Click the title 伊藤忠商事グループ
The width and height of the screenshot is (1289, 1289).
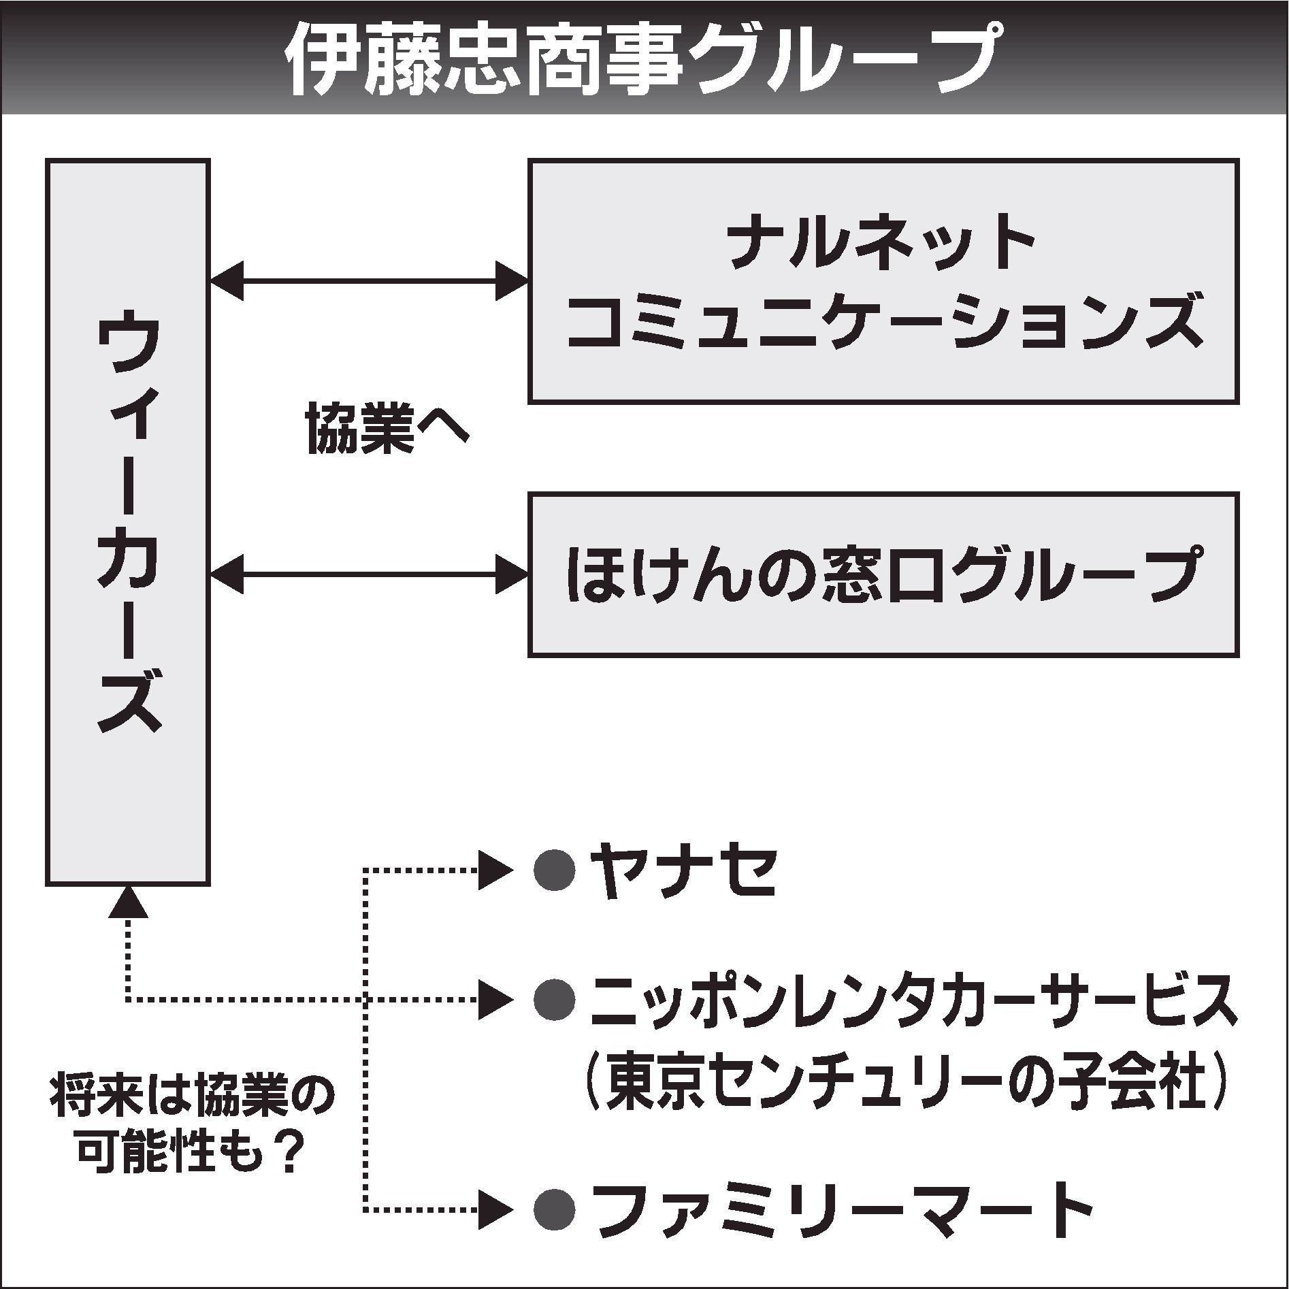pos(643,60)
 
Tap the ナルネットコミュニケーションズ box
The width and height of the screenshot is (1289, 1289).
pos(883,282)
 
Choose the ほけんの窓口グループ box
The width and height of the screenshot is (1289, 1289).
pos(883,575)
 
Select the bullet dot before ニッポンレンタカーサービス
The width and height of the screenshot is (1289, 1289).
pos(555,1000)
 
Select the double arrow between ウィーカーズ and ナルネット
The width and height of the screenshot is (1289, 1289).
pos(368,280)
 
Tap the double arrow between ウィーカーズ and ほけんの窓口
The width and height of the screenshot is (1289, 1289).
pos(368,575)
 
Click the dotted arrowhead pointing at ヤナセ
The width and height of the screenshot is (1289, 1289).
pos(495,869)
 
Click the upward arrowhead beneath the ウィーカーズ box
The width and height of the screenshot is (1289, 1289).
pos(127,903)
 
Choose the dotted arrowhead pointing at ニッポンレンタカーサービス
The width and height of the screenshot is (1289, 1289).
pos(495,1000)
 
